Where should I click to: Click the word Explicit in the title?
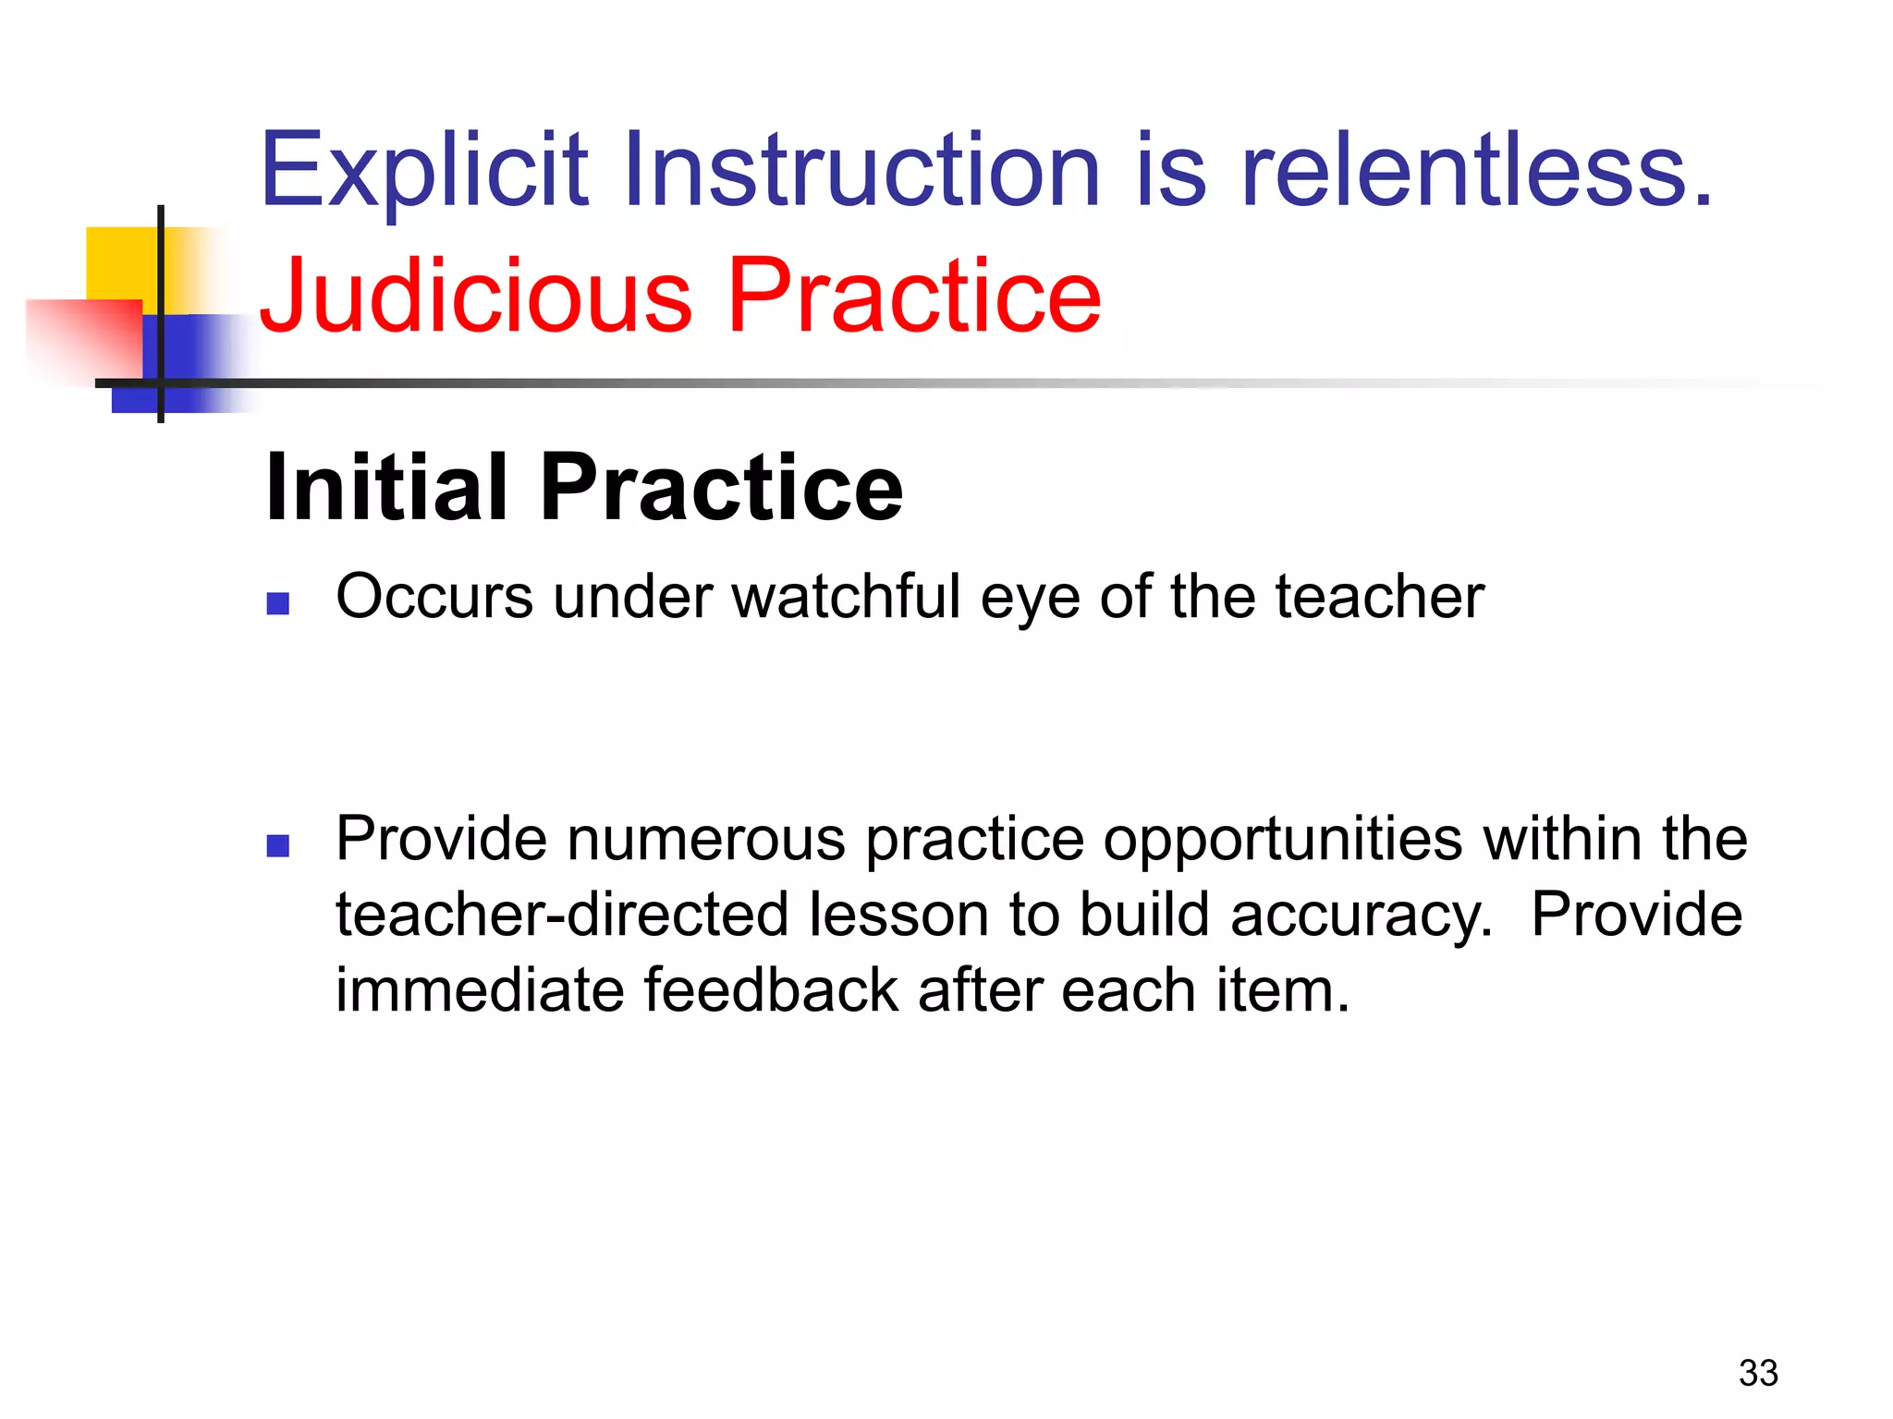tap(424, 171)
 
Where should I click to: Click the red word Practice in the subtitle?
tap(914, 296)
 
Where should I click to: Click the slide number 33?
tap(1757, 1373)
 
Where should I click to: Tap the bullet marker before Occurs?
tap(278, 603)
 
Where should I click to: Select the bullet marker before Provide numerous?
tap(278, 845)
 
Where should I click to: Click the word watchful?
tap(846, 597)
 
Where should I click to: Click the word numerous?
tap(705, 839)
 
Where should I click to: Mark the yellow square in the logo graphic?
tap(120, 263)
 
